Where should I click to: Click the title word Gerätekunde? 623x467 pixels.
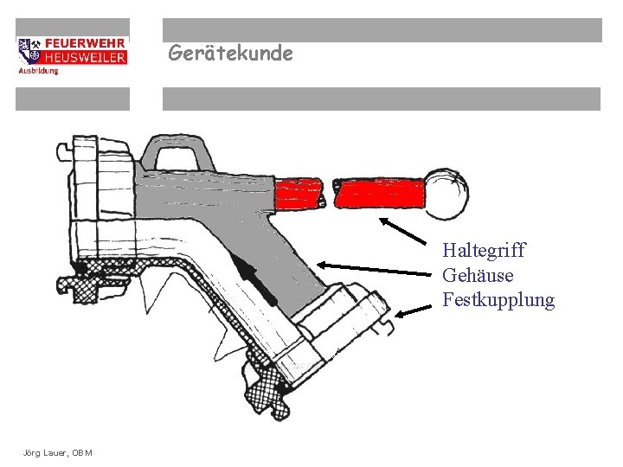click(230, 54)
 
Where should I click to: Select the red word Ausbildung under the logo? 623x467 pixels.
click(38, 70)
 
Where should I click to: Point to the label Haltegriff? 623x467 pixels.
click(484, 251)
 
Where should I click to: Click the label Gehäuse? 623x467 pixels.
click(478, 276)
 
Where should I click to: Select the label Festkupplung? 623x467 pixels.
click(498, 301)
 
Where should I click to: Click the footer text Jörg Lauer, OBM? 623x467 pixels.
click(59, 453)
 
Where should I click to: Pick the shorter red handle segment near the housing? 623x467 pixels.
click(299, 192)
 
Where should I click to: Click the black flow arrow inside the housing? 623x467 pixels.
click(255, 278)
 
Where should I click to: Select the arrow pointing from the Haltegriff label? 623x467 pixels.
click(408, 233)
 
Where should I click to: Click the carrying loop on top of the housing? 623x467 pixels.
click(178, 153)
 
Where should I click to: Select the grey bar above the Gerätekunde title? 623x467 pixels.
click(382, 30)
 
